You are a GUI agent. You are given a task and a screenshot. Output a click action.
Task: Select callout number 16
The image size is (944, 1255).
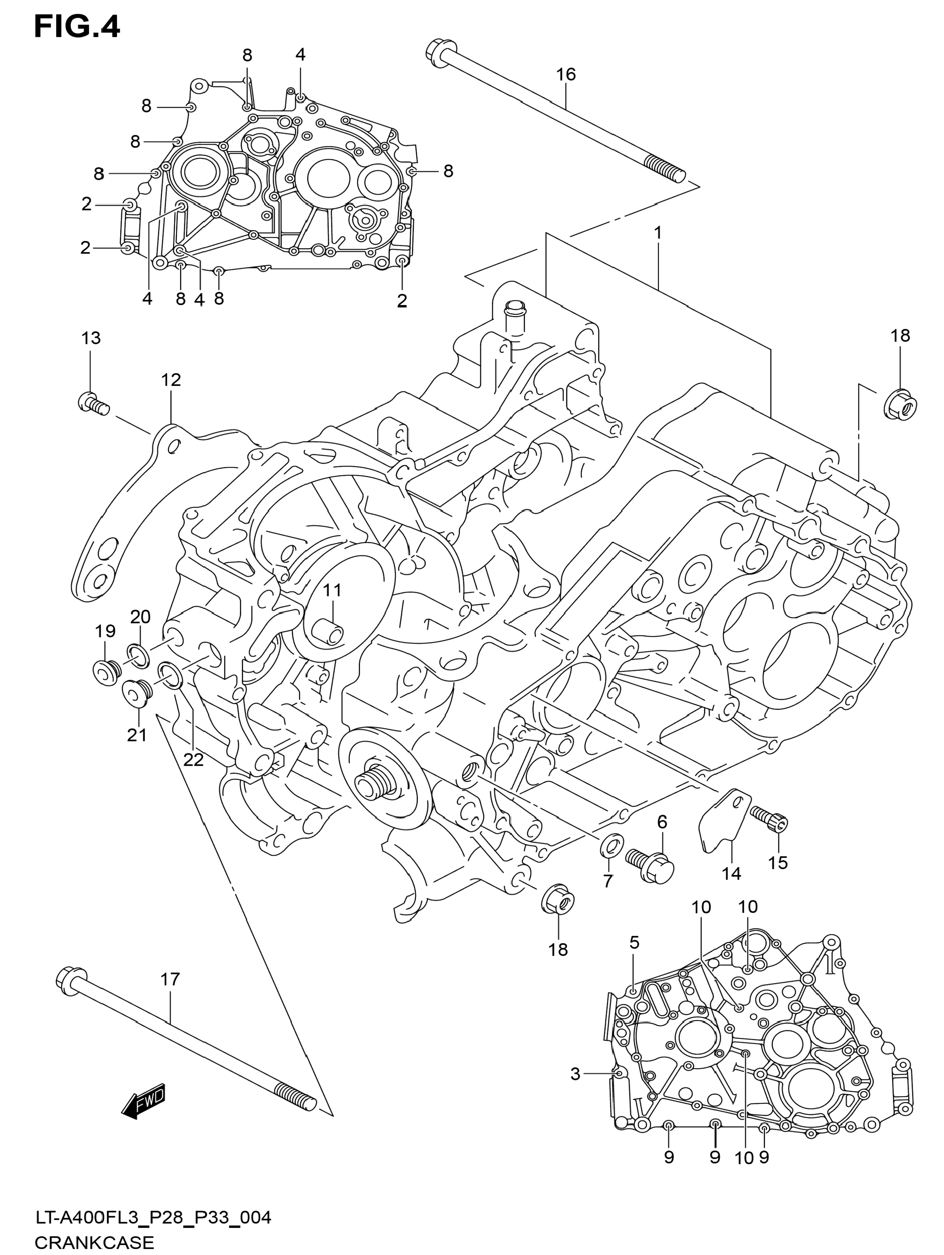[x=566, y=74]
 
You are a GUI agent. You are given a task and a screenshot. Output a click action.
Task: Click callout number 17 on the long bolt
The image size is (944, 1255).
[x=170, y=979]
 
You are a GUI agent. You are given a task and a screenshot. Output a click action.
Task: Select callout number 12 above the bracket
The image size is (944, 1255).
[x=171, y=380]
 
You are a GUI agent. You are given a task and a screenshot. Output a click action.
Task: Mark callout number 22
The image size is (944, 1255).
[x=193, y=760]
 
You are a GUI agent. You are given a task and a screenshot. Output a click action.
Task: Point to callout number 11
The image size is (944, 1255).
[x=333, y=590]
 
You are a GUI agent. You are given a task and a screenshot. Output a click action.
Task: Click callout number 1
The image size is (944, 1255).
[x=658, y=233]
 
